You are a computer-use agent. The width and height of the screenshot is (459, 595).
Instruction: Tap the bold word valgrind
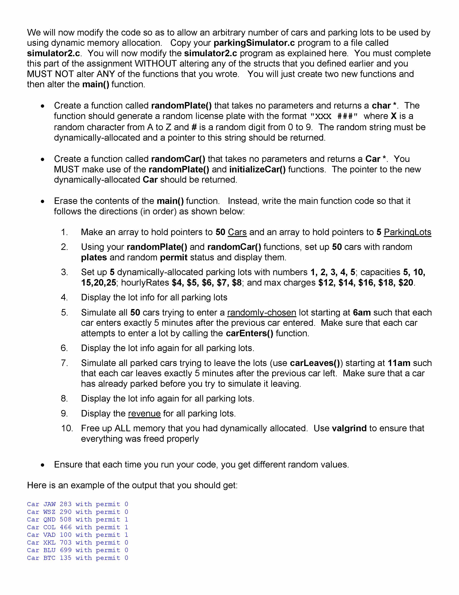[x=349, y=428]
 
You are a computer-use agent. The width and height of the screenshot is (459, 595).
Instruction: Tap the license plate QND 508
[x=57, y=519]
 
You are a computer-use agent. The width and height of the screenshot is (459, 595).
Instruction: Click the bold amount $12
[x=326, y=283]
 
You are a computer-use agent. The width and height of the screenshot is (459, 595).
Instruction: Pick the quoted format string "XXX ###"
[x=334, y=116]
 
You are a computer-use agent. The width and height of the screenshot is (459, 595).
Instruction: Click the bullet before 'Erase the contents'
[x=42, y=201]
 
